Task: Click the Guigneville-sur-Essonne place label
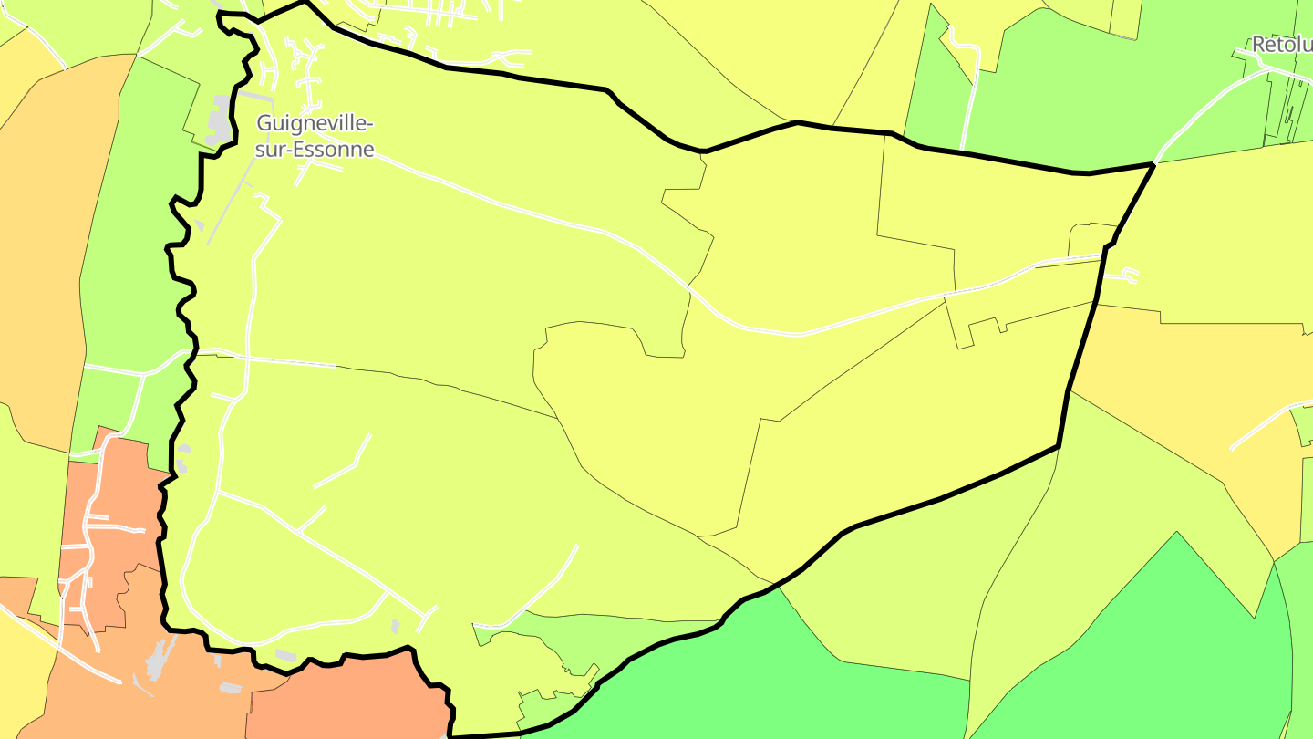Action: coord(315,135)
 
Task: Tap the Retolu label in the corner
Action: coord(1281,45)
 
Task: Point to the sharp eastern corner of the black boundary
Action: coord(1154,164)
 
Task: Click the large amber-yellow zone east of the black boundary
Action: coord(1185,383)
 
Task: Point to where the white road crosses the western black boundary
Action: coord(190,351)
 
